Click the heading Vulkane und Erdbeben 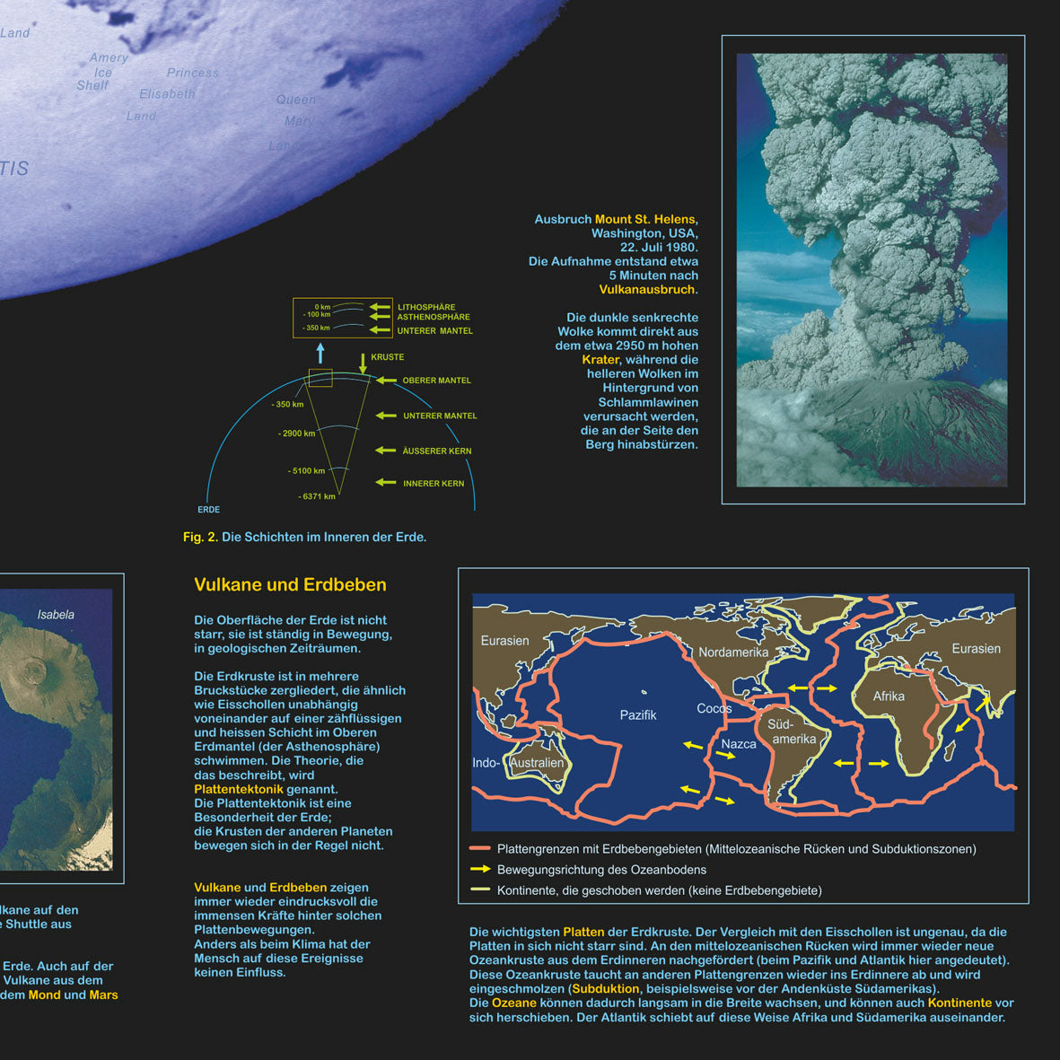(x=290, y=585)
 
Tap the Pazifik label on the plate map (x=638, y=715)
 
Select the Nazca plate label (x=739, y=744)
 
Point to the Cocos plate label (x=714, y=709)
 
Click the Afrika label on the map (x=889, y=696)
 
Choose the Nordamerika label (x=733, y=653)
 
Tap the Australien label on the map (x=537, y=764)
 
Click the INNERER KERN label (x=434, y=484)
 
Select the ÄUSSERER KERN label (x=437, y=451)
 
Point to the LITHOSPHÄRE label (x=426, y=307)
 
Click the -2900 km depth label (x=297, y=434)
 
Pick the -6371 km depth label (x=317, y=496)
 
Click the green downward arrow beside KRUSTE (x=363, y=363)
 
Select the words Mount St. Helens (x=644, y=219)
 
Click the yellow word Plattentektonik (x=239, y=789)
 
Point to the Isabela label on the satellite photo (x=56, y=615)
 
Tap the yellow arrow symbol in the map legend (x=480, y=869)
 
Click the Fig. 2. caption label (x=200, y=538)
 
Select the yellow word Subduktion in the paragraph (x=606, y=989)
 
